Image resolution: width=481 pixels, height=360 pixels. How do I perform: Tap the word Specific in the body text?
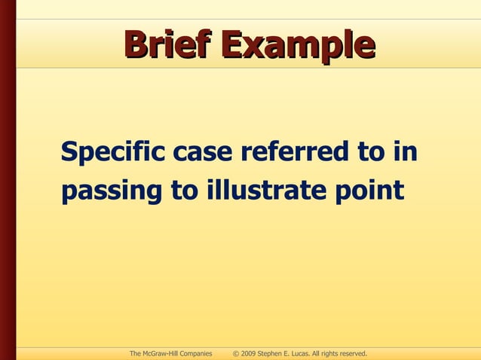click(114, 154)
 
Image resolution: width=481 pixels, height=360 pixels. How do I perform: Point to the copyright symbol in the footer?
click(236, 352)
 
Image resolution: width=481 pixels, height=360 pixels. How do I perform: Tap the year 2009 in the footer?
click(249, 352)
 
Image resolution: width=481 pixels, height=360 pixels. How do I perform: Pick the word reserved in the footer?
click(351, 352)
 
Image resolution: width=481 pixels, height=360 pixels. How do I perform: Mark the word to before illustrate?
click(184, 191)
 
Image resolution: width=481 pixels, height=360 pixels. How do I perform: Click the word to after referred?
click(370, 152)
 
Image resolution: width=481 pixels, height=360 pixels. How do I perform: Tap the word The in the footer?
click(136, 352)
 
